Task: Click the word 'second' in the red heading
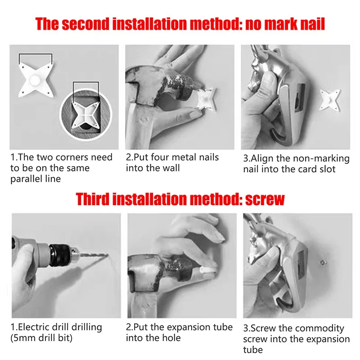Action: (x=85, y=24)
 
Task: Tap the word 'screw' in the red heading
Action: (x=265, y=199)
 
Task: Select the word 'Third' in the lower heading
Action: (x=92, y=199)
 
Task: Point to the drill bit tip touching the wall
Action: (x=107, y=255)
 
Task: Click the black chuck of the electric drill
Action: (x=60, y=255)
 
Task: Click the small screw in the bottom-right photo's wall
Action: (x=323, y=262)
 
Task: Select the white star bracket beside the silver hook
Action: (x=330, y=100)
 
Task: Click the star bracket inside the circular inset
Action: (x=86, y=115)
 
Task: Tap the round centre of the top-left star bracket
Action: (x=35, y=80)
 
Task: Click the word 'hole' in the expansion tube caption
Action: (x=171, y=338)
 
